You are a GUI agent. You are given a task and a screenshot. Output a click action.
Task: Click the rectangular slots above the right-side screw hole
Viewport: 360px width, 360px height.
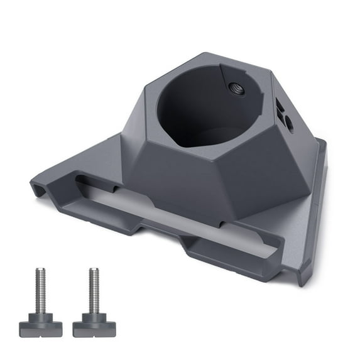[x=278, y=109]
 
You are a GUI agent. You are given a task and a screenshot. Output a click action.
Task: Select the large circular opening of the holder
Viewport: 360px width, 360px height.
[x=207, y=110]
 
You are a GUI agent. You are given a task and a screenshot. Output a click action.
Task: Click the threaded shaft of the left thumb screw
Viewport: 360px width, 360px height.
[x=40, y=290]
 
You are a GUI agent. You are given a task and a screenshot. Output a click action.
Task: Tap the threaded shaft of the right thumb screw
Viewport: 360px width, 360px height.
[x=94, y=290]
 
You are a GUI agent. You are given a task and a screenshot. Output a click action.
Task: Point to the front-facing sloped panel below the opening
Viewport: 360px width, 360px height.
[x=188, y=179]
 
